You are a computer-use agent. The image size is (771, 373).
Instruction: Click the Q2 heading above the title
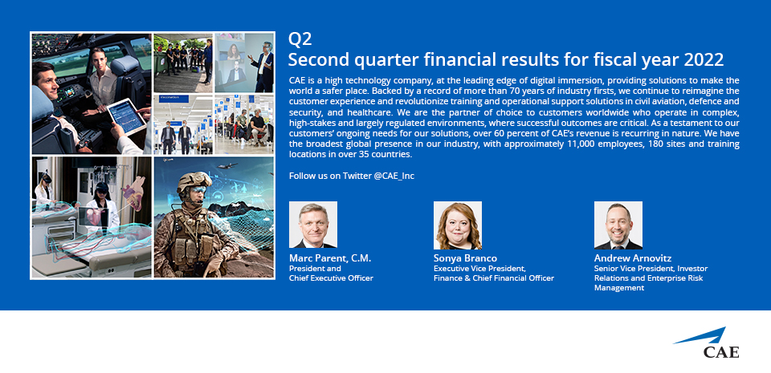pos(300,39)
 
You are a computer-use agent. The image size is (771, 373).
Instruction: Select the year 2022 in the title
pos(704,60)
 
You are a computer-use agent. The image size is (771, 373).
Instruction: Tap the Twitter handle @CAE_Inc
pos(394,176)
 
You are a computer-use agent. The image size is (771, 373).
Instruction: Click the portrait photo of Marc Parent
pos(312,225)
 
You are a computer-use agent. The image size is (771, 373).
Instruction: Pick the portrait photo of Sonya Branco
pos(457,225)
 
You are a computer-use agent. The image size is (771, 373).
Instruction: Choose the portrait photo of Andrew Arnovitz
pos(618,225)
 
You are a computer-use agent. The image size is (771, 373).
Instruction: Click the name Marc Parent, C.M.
pos(330,258)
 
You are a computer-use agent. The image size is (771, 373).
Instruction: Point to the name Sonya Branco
pos(465,258)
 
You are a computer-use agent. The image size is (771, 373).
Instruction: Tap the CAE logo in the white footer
pos(707,343)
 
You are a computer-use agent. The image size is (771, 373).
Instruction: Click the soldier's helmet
pos(194,181)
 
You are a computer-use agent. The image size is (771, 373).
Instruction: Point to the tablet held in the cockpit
pos(127,117)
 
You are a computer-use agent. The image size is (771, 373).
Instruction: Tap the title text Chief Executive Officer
pos(331,278)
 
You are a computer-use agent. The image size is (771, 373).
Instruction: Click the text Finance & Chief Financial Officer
pos(494,278)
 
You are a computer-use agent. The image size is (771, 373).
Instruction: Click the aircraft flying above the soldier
pos(227,166)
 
